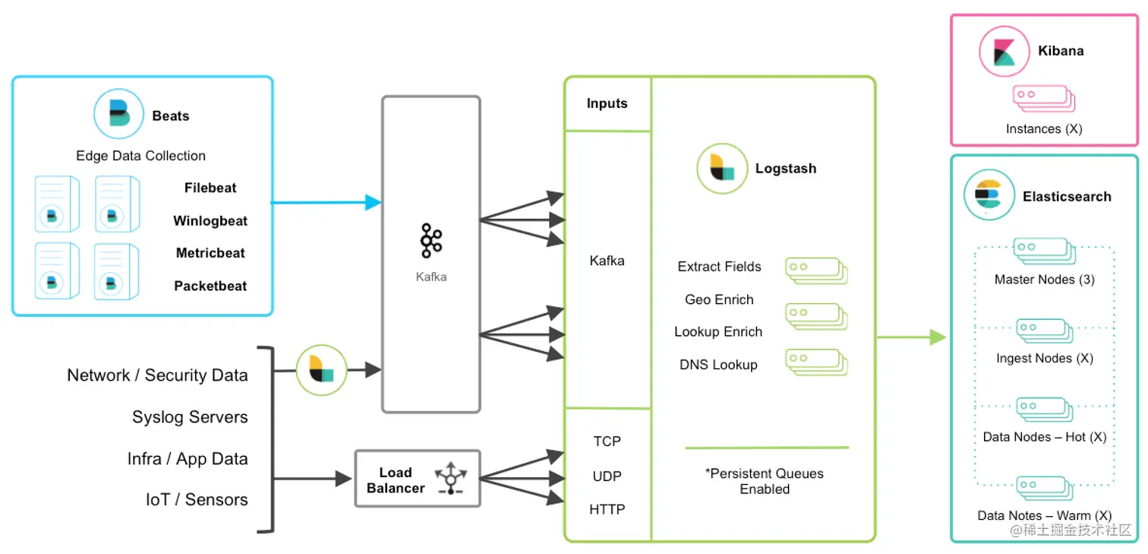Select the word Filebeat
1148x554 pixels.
click(x=210, y=188)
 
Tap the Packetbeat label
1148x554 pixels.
click(x=210, y=286)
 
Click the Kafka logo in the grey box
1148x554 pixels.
click(x=431, y=241)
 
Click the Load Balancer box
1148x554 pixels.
click(x=418, y=479)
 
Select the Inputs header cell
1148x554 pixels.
click(x=607, y=103)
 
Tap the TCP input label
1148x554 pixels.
click(x=607, y=442)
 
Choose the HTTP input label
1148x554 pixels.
click(x=607, y=509)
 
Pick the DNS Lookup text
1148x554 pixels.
click(x=718, y=365)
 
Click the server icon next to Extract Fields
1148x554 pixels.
click(x=815, y=270)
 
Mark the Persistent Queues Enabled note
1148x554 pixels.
click(x=765, y=481)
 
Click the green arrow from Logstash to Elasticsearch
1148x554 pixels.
click(x=911, y=337)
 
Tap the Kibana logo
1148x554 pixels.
click(x=1003, y=51)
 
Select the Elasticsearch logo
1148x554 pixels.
click(x=989, y=195)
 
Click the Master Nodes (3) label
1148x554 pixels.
click(x=1044, y=280)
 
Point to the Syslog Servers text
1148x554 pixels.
click(x=190, y=417)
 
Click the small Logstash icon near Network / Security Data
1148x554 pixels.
click(x=321, y=370)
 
